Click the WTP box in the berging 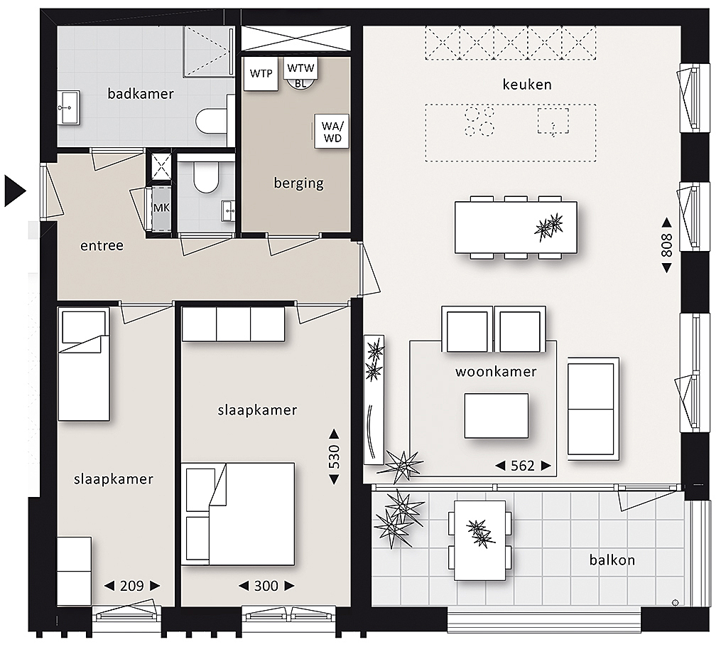pyautogui.click(x=261, y=74)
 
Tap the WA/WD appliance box pyautogui.click(x=332, y=131)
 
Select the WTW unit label pyautogui.click(x=300, y=68)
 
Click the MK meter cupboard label pyautogui.click(x=161, y=208)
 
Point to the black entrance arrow pyautogui.click(x=15, y=191)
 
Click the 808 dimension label pyautogui.click(x=666, y=246)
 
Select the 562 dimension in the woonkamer pyautogui.click(x=523, y=466)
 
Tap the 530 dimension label pyautogui.click(x=335, y=456)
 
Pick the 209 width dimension pyautogui.click(x=132, y=586)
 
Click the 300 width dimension pyautogui.click(x=266, y=586)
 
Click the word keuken pyautogui.click(x=527, y=85)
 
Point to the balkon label pyautogui.click(x=612, y=560)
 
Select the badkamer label pyautogui.click(x=141, y=94)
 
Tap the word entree pyautogui.click(x=102, y=246)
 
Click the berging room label pyautogui.click(x=299, y=183)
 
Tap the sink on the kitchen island pyautogui.click(x=553, y=122)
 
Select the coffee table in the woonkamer pyautogui.click(x=496, y=415)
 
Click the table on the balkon pyautogui.click(x=479, y=540)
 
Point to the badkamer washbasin pyautogui.click(x=68, y=107)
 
